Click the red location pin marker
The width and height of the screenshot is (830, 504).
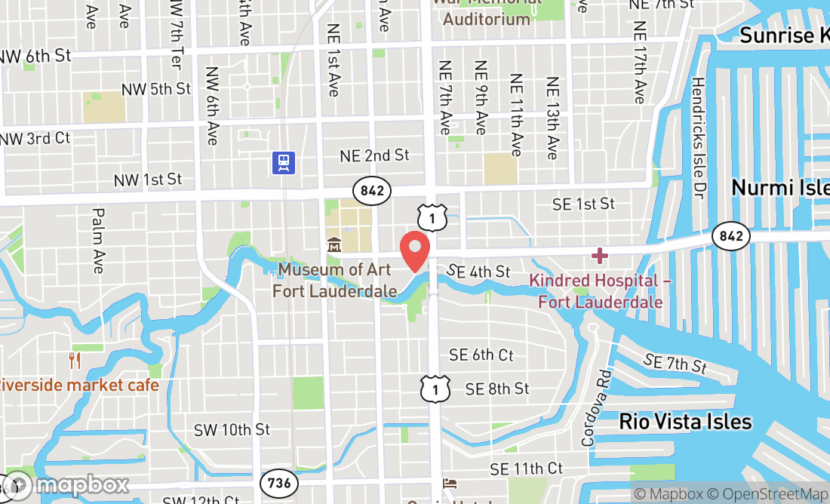coord(414,250)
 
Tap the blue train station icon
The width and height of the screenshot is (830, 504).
coord(284,162)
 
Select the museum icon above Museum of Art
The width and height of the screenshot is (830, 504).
coord(334,245)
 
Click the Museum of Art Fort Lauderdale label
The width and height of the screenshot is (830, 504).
coord(334,280)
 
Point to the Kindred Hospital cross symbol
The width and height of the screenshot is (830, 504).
coord(600,256)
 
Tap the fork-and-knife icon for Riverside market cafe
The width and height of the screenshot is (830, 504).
coord(74,361)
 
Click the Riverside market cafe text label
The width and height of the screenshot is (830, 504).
coord(79,385)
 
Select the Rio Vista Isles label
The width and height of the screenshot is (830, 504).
coord(685,421)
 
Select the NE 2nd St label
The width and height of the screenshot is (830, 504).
coord(374,155)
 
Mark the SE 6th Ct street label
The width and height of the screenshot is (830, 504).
coord(481,354)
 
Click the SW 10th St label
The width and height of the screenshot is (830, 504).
coord(232,429)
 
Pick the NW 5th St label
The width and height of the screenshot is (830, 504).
coord(159,89)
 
